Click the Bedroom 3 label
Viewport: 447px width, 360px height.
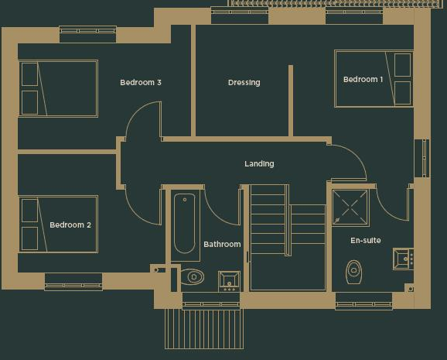click(x=140, y=82)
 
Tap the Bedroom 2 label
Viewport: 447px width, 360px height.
click(x=70, y=225)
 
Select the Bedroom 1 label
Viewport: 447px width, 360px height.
click(x=363, y=80)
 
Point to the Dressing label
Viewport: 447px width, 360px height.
click(x=244, y=83)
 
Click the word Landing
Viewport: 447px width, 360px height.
click(x=259, y=164)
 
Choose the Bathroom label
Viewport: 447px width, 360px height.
click(x=222, y=245)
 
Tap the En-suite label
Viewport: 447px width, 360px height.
click(x=365, y=241)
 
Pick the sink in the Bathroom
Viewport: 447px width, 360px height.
click(x=229, y=279)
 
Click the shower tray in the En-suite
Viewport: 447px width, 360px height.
click(x=350, y=207)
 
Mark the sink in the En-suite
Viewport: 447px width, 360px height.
click(x=403, y=258)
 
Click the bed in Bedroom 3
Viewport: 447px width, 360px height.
click(x=58, y=88)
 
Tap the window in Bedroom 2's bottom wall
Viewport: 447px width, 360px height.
click(x=73, y=282)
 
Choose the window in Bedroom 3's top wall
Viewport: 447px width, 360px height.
click(x=87, y=34)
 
